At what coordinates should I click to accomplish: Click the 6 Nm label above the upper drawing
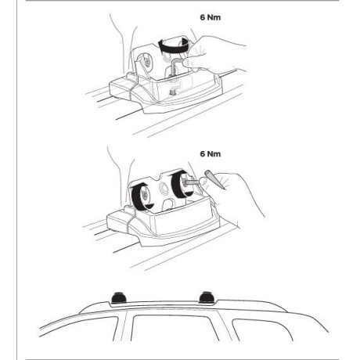click(x=211, y=17)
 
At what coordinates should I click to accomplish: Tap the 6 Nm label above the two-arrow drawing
click(x=211, y=154)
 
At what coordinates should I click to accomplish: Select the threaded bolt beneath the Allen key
click(x=172, y=92)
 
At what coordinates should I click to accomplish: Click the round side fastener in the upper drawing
click(x=147, y=62)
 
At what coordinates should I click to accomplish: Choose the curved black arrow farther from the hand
click(x=141, y=196)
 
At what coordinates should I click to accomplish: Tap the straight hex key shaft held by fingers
click(x=193, y=182)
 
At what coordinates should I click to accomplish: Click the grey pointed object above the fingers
click(x=215, y=179)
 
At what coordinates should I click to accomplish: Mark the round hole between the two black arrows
click(x=164, y=187)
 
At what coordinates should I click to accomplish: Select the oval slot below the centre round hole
click(x=170, y=204)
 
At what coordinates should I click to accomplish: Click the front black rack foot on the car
click(x=119, y=297)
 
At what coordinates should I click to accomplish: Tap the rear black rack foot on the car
click(x=207, y=297)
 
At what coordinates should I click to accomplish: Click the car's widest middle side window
click(x=175, y=328)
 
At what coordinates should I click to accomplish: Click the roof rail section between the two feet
click(x=163, y=303)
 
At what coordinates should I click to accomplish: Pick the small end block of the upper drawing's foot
click(x=120, y=88)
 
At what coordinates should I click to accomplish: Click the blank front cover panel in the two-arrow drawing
click(x=185, y=221)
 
